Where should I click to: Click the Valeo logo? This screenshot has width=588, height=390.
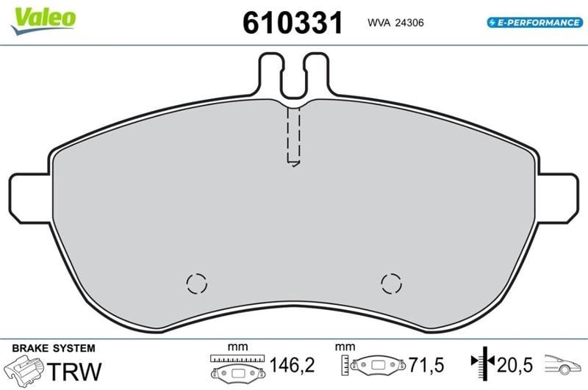coord(43,21)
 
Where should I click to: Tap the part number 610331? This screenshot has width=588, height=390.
coord(293,23)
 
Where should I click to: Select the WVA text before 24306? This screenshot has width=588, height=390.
coord(379,23)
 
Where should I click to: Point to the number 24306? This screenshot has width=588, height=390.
coord(409,23)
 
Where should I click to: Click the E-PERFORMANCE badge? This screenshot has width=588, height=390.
coord(535,23)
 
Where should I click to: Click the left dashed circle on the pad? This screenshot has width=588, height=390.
coord(197,284)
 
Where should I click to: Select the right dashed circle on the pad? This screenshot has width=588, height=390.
coord(391,284)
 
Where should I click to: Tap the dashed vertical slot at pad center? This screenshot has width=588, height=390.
coord(293,137)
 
